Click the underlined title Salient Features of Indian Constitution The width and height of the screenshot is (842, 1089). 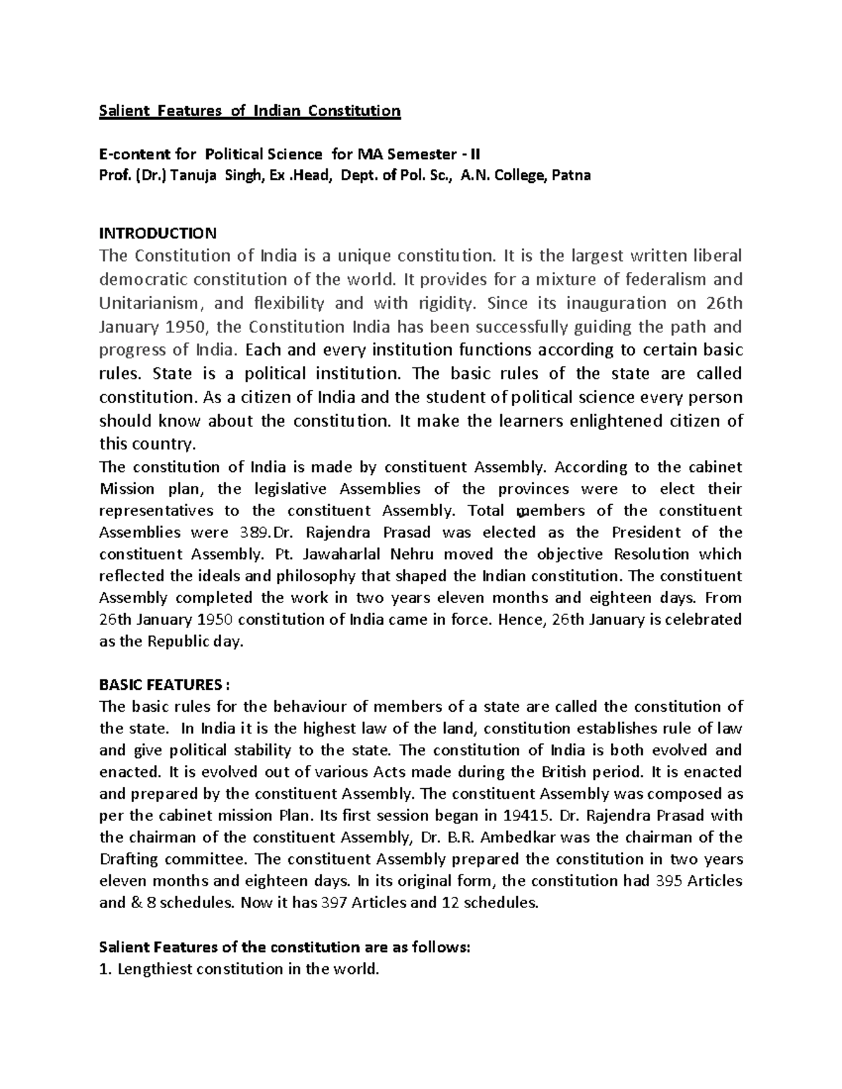tap(250, 111)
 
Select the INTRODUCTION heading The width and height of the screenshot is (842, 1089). tap(158, 233)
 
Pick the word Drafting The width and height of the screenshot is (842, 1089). tap(128, 859)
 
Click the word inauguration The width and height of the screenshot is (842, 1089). tap(606, 304)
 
